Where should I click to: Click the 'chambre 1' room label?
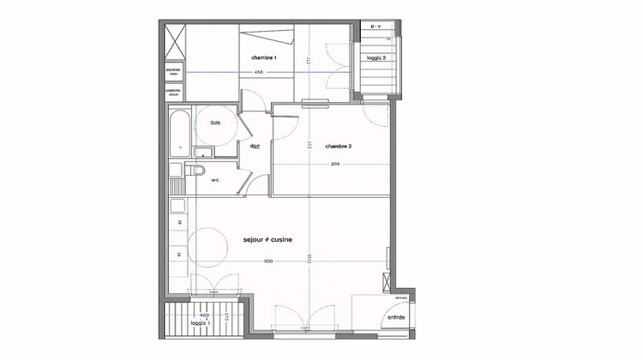[263, 57]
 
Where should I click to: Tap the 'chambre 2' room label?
[339, 147]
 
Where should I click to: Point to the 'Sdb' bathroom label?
[215, 123]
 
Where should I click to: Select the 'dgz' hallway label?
[255, 146]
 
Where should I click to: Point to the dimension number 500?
[268, 261]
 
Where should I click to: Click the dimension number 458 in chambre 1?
[258, 72]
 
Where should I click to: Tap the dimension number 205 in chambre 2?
[334, 163]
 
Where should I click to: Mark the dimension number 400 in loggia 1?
[203, 315]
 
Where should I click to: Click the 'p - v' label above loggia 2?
[376, 27]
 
